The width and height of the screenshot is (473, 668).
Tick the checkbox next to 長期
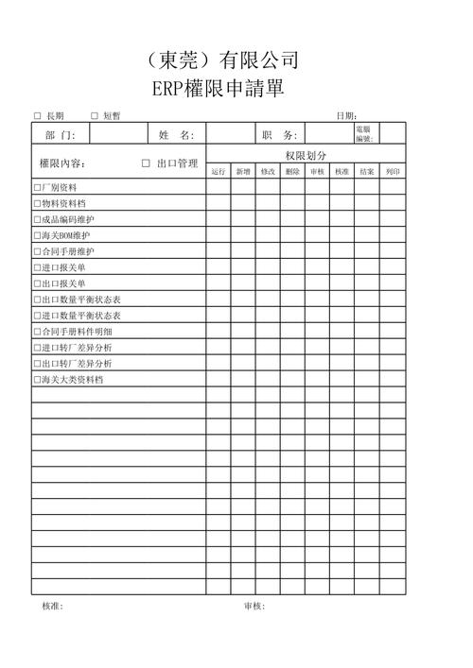[x=38, y=116]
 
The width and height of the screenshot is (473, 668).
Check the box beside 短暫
[x=95, y=116]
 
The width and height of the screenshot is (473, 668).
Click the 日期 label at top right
[x=346, y=116]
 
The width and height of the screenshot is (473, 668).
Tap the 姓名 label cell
[x=176, y=135]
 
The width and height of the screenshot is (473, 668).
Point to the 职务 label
[x=279, y=135]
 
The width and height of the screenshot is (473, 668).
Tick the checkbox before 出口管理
[x=146, y=163]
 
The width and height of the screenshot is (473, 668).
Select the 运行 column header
[x=219, y=172]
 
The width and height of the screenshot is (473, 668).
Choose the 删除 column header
[x=292, y=172]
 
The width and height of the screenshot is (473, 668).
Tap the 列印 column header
[x=393, y=172]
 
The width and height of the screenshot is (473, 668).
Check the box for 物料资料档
[x=37, y=203]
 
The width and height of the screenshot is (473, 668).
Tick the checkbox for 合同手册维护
[x=37, y=251]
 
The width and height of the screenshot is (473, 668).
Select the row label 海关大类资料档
[x=71, y=380]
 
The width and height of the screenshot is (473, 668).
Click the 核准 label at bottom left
[x=52, y=607]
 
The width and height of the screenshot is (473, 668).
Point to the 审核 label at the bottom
[x=254, y=607]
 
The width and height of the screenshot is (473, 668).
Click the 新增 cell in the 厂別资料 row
[x=243, y=187]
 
